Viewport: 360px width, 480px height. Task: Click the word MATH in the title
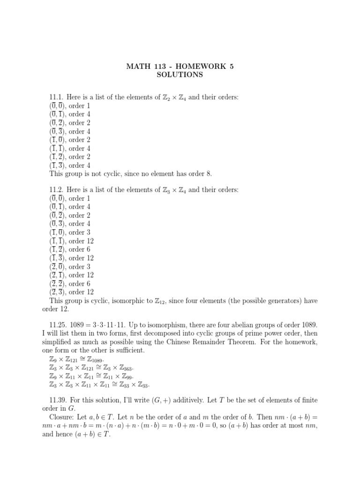[137, 66]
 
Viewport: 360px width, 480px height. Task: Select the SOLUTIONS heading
[180, 75]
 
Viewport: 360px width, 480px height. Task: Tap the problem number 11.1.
[57, 97]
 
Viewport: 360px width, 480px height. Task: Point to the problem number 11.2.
[57, 189]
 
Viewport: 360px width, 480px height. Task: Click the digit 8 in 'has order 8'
[209, 174]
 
